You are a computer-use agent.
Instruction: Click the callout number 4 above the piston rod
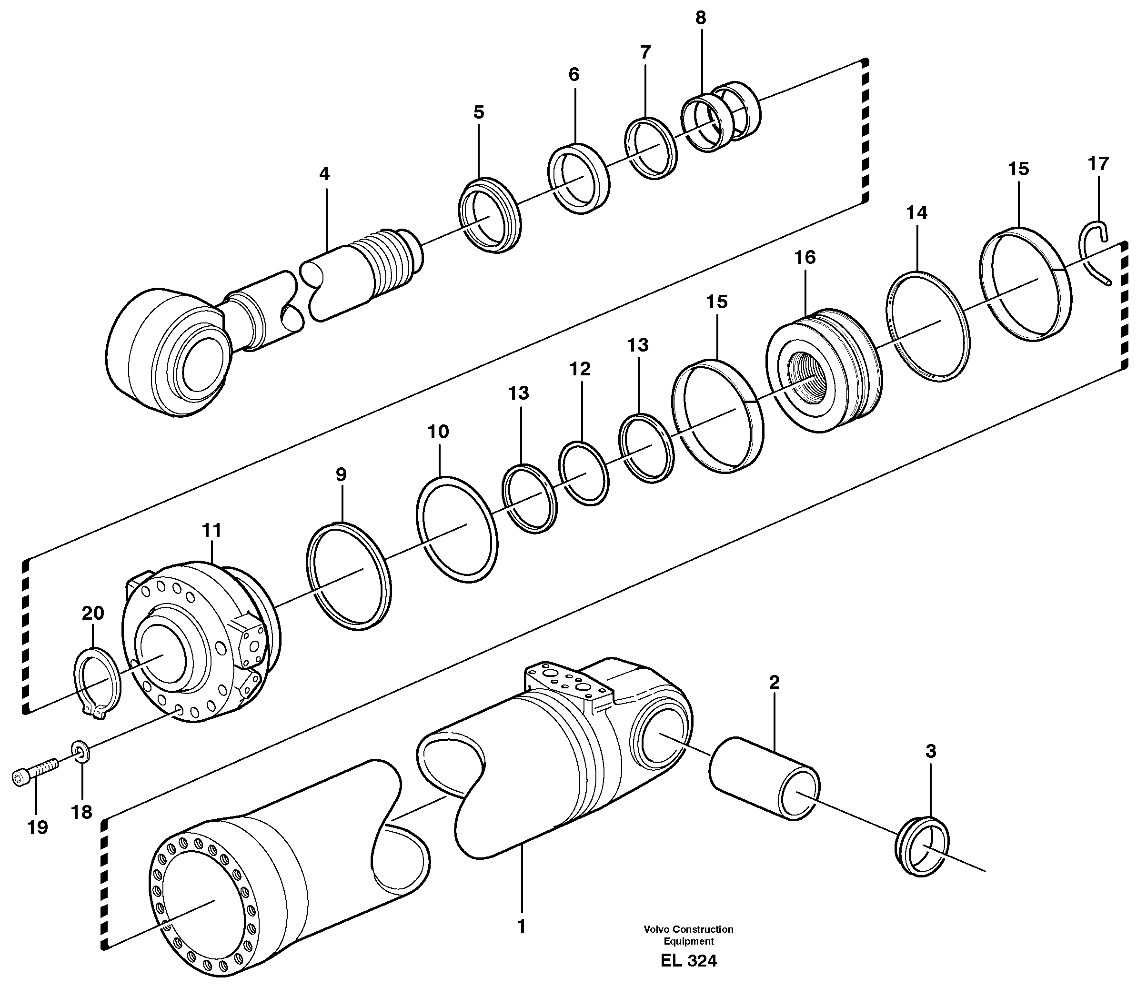pos(324,174)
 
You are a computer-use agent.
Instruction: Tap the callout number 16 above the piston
pos(805,258)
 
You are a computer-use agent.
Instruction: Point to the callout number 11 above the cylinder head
pos(212,530)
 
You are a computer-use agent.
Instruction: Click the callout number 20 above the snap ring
pos(93,614)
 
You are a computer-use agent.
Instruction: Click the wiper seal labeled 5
pos(490,215)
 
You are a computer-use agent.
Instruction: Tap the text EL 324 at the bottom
pos(688,961)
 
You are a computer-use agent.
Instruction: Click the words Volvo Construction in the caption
pos(688,929)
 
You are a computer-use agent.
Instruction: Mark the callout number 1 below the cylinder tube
pos(521,927)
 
